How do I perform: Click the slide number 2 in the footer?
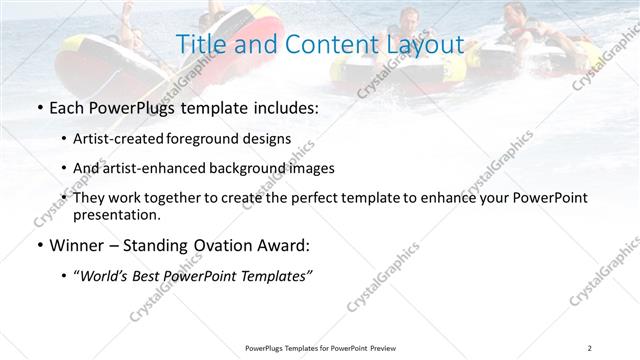click(590, 348)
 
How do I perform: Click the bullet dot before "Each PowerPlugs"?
click(38, 108)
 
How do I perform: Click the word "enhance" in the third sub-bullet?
click(450, 198)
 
